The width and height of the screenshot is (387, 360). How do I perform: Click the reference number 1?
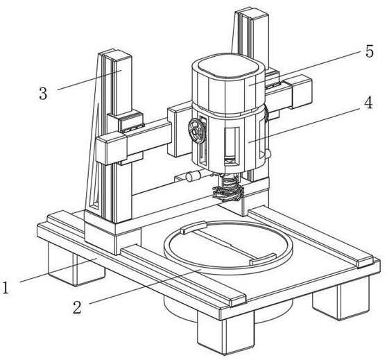[x=6, y=288]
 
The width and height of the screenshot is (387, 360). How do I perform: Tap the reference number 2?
[x=77, y=307]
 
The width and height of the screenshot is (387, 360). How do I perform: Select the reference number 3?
[x=43, y=94]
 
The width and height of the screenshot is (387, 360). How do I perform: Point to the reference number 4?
[x=368, y=102]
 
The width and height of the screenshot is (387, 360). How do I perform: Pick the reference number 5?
[x=369, y=51]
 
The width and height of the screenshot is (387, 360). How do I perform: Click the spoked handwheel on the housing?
[x=197, y=131]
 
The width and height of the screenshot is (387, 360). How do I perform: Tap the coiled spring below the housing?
[x=229, y=187]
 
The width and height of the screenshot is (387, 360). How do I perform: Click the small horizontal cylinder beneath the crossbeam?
[x=193, y=176]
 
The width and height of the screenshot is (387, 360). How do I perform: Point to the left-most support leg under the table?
[x=76, y=266]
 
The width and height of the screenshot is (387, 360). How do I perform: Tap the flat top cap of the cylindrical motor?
[x=229, y=66]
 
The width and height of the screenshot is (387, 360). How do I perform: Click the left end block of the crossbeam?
[x=110, y=147]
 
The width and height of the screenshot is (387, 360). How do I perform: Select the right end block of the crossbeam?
[x=299, y=92]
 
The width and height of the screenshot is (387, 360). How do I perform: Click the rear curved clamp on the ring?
[x=193, y=227]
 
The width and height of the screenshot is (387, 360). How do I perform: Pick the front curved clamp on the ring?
[x=263, y=259]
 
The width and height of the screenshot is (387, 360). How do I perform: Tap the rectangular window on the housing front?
[x=232, y=146]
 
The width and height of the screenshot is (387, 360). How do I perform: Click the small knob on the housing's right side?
[x=268, y=154]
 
